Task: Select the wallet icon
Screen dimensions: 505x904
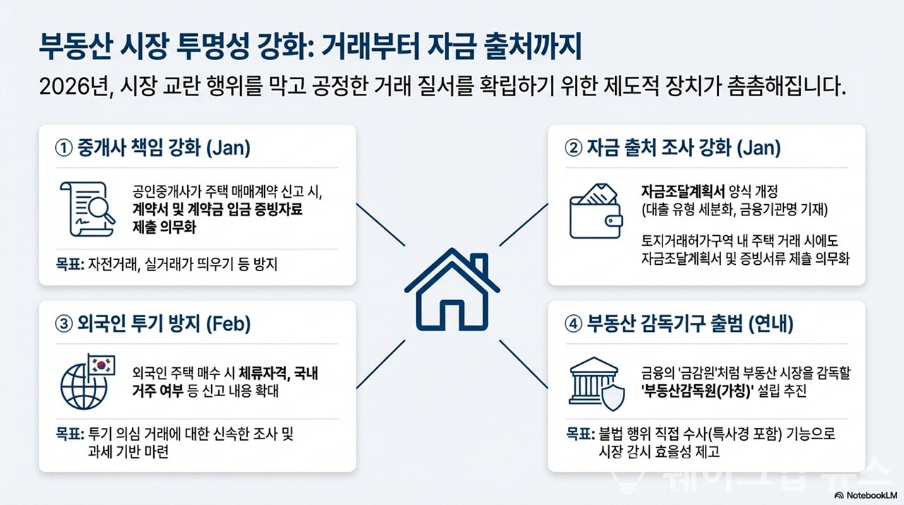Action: [x=595, y=208]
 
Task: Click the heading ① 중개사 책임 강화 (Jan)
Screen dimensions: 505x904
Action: [x=153, y=148]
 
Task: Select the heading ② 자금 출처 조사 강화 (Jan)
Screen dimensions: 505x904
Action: [x=674, y=148]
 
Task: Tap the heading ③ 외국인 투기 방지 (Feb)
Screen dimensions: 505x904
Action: [x=153, y=324]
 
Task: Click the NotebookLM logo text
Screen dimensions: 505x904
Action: [x=867, y=495]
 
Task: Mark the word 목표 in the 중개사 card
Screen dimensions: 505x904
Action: [x=68, y=265]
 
